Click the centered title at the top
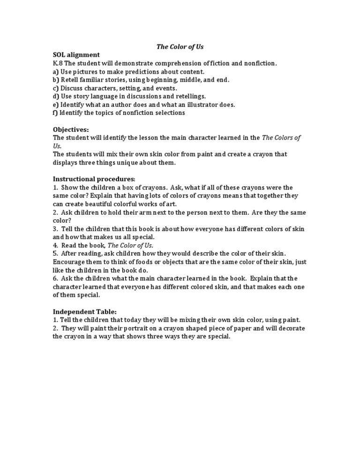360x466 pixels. click(180, 47)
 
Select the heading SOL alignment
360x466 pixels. click(76, 55)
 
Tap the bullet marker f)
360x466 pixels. click(55, 113)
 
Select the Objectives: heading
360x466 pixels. click(71, 129)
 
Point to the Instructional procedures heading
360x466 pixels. click(94, 179)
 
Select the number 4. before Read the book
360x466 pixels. click(55, 245)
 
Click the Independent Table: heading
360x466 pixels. click(84, 311)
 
